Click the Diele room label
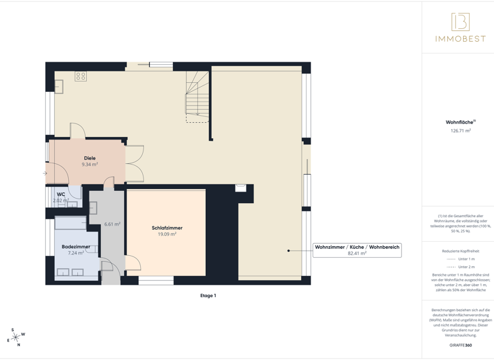click(89, 158)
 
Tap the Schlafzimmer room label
click(167, 228)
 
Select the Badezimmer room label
click(76, 247)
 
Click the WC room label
click(61, 194)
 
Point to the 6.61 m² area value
click(113, 224)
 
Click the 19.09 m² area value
click(167, 235)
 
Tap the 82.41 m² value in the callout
click(357, 253)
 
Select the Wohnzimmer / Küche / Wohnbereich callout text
click(357, 247)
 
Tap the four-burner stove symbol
click(80, 76)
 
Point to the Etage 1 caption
click(208, 296)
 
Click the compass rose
click(15, 337)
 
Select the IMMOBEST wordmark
click(460, 39)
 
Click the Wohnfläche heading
click(460, 122)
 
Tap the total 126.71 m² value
click(461, 130)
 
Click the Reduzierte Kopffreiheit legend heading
click(461, 251)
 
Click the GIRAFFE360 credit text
click(461, 346)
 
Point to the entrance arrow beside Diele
click(45, 173)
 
